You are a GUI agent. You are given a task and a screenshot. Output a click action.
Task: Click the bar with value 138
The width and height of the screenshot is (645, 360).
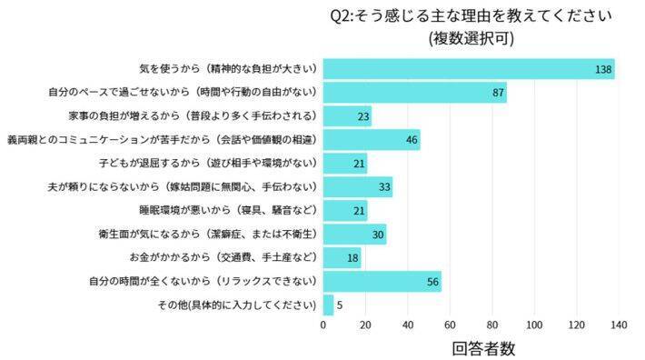(x=469, y=69)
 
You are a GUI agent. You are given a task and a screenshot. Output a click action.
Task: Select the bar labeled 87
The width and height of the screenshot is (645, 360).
(x=414, y=93)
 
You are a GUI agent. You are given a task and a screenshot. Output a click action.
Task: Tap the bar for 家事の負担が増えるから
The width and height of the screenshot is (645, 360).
(x=347, y=116)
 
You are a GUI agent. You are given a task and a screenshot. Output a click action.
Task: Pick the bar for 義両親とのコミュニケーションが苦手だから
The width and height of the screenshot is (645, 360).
(x=372, y=140)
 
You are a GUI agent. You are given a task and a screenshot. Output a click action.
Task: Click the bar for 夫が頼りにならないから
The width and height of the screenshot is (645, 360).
(x=358, y=187)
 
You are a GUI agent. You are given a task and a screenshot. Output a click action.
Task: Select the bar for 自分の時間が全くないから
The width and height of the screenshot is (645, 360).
(x=382, y=282)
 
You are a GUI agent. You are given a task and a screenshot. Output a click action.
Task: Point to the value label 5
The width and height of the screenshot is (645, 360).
(x=339, y=305)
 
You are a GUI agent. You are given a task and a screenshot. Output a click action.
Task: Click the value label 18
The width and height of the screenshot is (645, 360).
(x=353, y=258)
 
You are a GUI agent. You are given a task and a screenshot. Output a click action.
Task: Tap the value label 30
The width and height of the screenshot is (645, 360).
(x=378, y=235)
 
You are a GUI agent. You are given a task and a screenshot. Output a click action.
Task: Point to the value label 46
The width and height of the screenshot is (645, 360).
(x=412, y=140)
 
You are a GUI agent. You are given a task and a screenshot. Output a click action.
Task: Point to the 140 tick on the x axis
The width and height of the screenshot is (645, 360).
(x=619, y=325)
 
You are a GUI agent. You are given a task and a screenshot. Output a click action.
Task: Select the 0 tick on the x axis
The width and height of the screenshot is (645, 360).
(x=323, y=325)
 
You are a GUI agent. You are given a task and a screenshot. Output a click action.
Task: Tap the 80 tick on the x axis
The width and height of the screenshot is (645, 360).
(x=492, y=325)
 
